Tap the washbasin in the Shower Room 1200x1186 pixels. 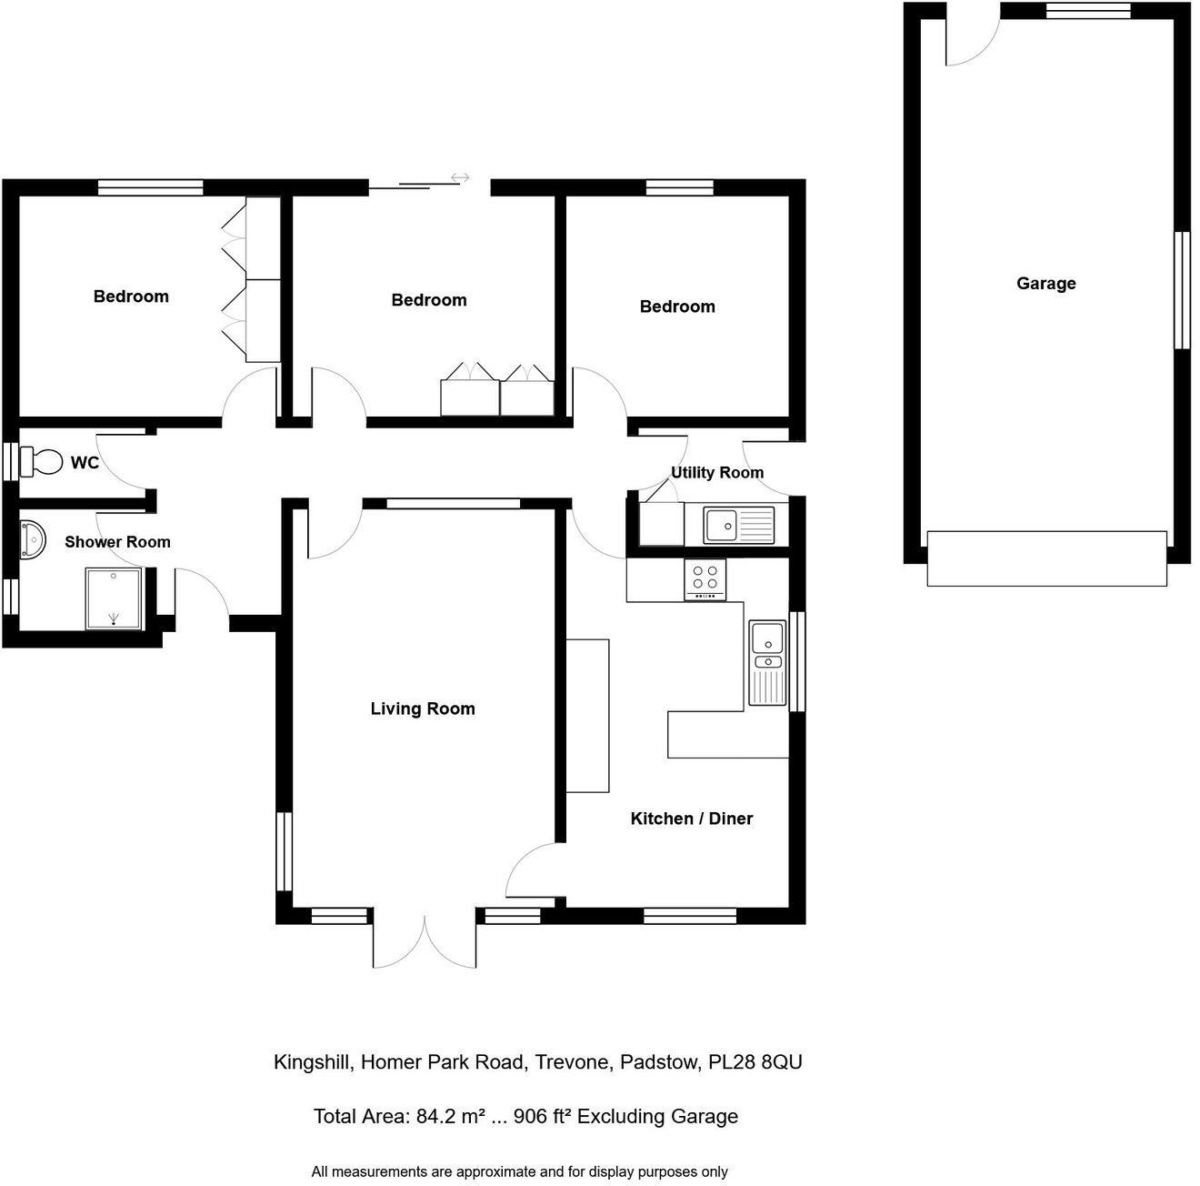[32, 538]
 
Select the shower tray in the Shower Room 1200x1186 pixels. [114, 598]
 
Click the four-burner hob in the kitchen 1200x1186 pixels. [705, 578]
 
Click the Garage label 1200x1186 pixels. [1045, 284]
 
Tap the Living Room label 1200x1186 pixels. [423, 709]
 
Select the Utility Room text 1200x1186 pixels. [716, 473]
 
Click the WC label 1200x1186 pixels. [85, 463]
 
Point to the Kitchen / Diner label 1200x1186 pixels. [691, 819]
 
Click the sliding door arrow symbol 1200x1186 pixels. [460, 178]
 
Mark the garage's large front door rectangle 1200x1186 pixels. [1046, 558]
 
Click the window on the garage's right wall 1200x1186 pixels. [1182, 290]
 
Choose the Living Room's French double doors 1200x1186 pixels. [425, 941]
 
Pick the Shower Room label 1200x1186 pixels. [117, 542]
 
